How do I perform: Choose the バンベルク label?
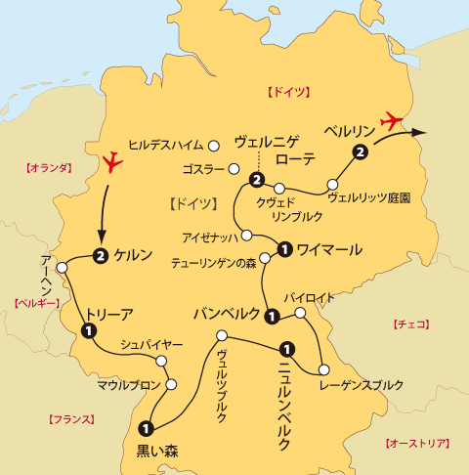pyautogui.click(x=227, y=314)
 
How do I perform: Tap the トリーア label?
pyautogui.click(x=109, y=314)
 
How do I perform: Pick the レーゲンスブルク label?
pyautogui.click(x=361, y=384)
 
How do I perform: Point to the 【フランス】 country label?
pyautogui.click(x=71, y=418)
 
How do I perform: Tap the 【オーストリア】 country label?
pyautogui.click(x=416, y=443)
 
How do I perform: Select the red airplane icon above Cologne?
pyautogui.click(x=114, y=160)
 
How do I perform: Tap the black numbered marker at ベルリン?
pyautogui.click(x=361, y=151)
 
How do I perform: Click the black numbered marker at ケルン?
pyautogui.click(x=100, y=256)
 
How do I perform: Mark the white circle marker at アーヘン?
pyautogui.click(x=62, y=267)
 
